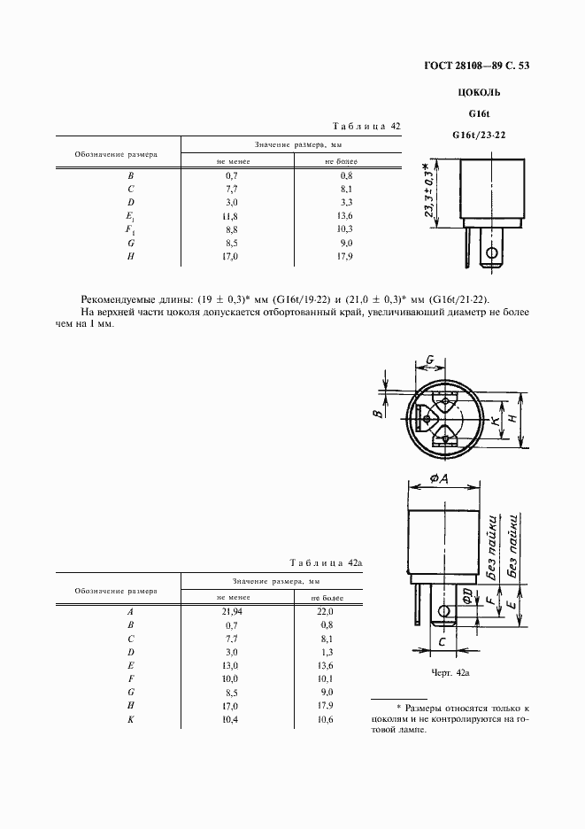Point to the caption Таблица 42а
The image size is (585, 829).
(x=327, y=563)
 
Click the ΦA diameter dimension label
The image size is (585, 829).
(x=442, y=479)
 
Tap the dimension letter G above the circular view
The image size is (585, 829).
(x=429, y=360)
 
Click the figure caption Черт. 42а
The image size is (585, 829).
(x=450, y=673)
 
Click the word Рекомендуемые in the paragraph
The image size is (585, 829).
(x=122, y=299)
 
